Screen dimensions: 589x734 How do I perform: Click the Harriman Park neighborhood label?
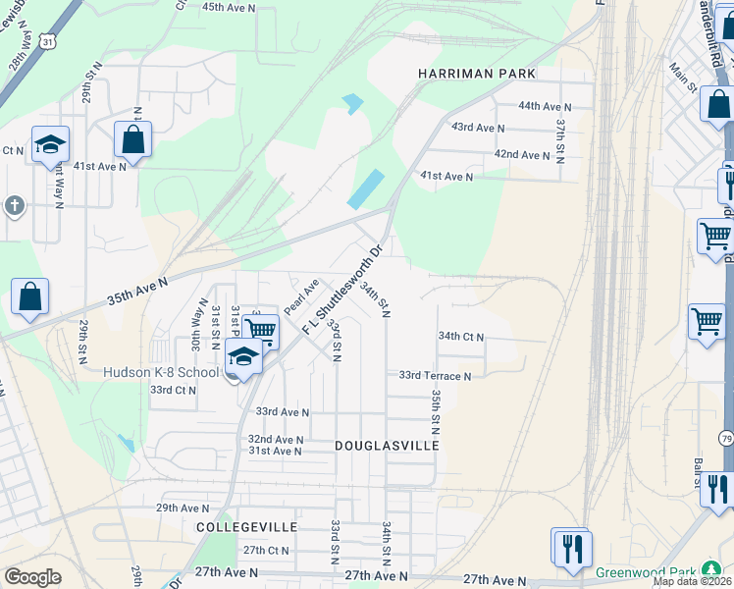(476, 74)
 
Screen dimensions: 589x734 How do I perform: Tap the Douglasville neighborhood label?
(386, 445)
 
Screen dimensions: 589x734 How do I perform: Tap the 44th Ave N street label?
(545, 106)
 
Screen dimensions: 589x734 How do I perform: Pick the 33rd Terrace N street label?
(435, 375)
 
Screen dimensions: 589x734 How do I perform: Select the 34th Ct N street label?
(461, 336)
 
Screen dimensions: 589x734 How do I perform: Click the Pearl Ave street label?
(301, 297)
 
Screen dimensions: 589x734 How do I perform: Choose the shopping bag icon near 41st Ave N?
(132, 139)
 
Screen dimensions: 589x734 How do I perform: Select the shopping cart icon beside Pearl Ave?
(260, 331)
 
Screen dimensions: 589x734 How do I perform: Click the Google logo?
(31, 577)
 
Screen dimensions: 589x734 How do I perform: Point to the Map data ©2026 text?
(692, 581)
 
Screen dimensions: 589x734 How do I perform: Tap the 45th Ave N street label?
(228, 7)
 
